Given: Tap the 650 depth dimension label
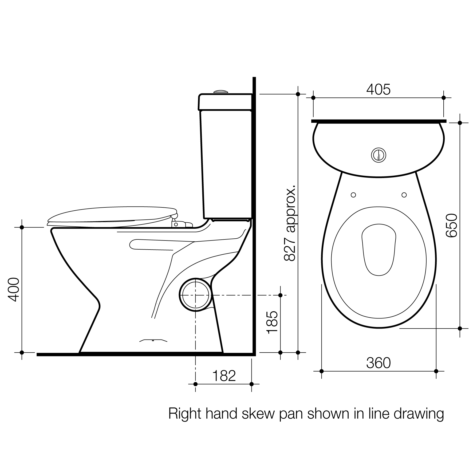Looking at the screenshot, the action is click(452, 225).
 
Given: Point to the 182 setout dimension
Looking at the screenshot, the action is click(224, 376).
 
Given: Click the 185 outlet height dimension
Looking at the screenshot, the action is click(273, 322).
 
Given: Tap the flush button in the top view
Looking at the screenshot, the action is click(379, 155).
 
